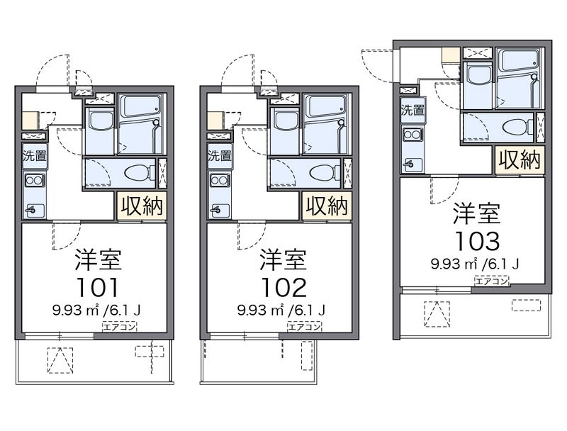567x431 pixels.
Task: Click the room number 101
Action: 94,287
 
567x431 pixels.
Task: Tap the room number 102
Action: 282,287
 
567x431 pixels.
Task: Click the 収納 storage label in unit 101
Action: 141,206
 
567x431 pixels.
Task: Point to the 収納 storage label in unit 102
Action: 327,206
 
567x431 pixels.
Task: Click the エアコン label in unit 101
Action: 120,327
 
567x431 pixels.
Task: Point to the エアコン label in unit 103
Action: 492,281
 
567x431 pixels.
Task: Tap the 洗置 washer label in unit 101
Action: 33,155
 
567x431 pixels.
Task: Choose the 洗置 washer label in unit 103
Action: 412,110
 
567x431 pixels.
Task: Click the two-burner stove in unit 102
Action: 219,180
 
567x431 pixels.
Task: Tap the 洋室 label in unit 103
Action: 477,213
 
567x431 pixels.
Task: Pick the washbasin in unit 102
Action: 285,121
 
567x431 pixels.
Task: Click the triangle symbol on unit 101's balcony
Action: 60,360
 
